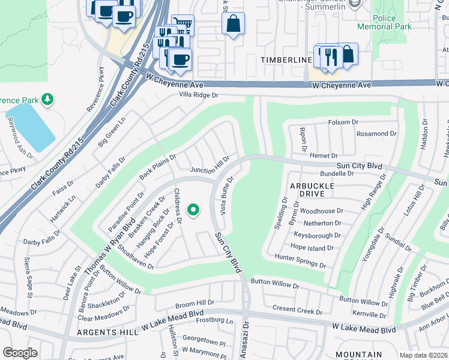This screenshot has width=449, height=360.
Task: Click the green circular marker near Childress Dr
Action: click(x=193, y=210)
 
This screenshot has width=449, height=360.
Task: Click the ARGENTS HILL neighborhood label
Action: click(x=103, y=332)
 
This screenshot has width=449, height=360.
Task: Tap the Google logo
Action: click(x=19, y=353)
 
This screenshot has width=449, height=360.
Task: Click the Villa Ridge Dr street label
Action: click(x=198, y=95)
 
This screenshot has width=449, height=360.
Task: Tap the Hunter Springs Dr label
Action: click(x=300, y=261)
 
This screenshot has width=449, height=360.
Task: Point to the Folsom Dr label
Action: click(x=343, y=122)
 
